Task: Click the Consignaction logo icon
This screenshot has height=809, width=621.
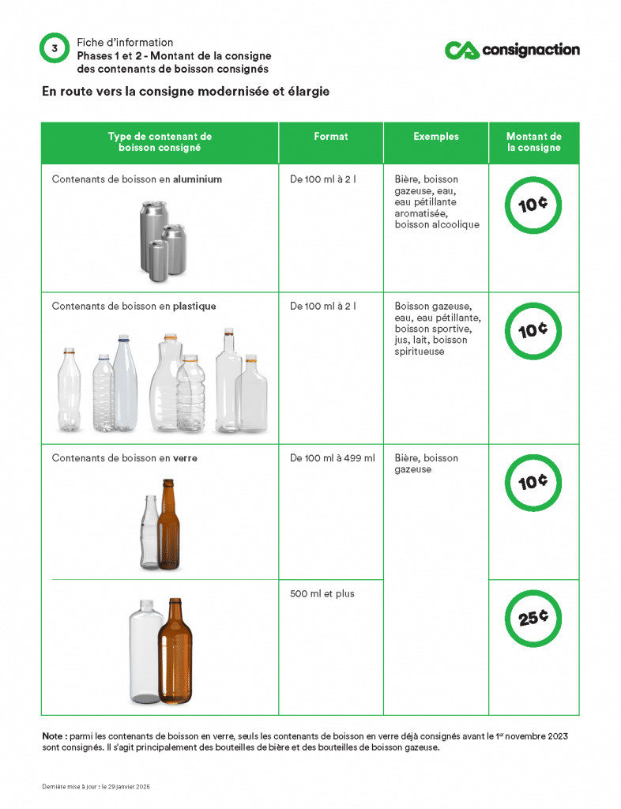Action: click(462, 51)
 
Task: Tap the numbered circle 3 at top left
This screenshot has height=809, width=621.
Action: click(55, 49)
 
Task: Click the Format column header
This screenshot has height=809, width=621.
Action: click(330, 137)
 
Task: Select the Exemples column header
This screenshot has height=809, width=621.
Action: click(436, 137)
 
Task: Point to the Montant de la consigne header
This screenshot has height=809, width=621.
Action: click(534, 142)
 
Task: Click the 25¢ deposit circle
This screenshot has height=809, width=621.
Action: click(533, 618)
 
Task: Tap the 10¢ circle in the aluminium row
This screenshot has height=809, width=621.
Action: click(533, 205)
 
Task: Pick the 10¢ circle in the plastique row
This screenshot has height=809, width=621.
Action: click(533, 330)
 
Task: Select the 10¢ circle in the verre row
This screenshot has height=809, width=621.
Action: click(533, 482)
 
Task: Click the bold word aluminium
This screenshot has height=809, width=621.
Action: click(198, 179)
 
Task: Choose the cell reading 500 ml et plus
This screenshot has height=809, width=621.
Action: click(322, 594)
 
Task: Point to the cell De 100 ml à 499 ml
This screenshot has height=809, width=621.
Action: click(332, 458)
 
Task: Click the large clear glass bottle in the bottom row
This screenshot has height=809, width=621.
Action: click(145, 653)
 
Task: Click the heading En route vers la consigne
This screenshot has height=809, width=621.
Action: click(186, 92)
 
